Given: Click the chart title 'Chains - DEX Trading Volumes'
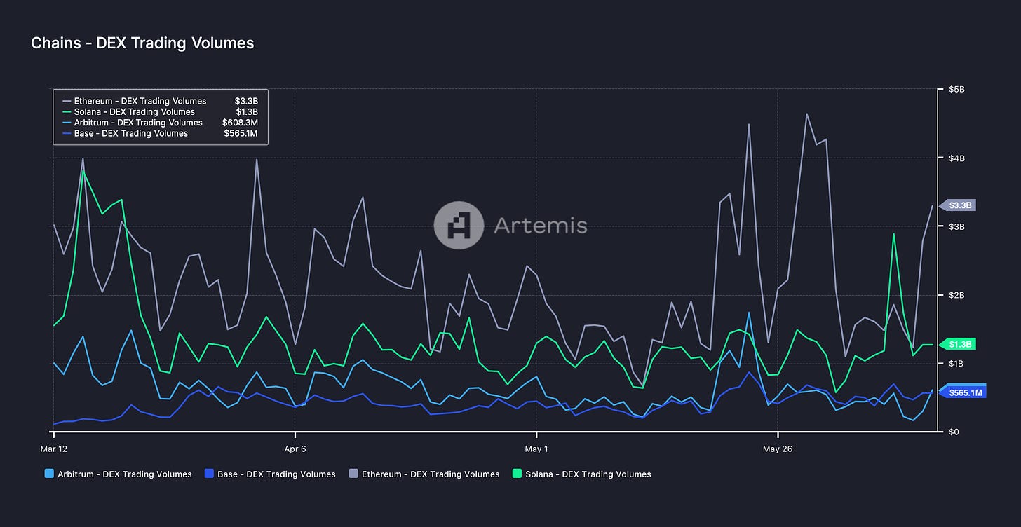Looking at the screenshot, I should coord(142,43).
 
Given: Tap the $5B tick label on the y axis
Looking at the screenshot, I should coord(956,90).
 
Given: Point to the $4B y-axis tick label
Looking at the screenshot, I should coord(956,158).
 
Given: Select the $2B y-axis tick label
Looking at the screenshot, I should coord(956,295).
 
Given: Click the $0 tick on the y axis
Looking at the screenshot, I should coord(953,432).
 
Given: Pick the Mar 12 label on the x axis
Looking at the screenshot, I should coord(54,449).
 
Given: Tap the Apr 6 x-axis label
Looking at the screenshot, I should coord(295,449).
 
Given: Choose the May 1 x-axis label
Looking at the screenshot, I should coord(536,449).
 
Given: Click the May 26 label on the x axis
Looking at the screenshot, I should coord(778,449).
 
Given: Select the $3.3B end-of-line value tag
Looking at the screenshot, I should coord(960,205).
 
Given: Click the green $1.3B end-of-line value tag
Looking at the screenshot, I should coord(960,344).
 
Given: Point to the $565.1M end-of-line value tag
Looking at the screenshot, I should coord(965,392).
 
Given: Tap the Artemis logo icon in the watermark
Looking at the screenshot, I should coord(459,226).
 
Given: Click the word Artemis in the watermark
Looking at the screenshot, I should coord(540,226).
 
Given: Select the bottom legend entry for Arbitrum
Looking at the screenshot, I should coord(118,474).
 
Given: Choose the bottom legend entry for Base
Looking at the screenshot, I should coord(269,474).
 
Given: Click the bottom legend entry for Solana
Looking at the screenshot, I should coord(582,474).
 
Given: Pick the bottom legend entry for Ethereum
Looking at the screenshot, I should coord(424,474).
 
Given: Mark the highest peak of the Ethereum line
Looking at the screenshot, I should coord(807,114).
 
